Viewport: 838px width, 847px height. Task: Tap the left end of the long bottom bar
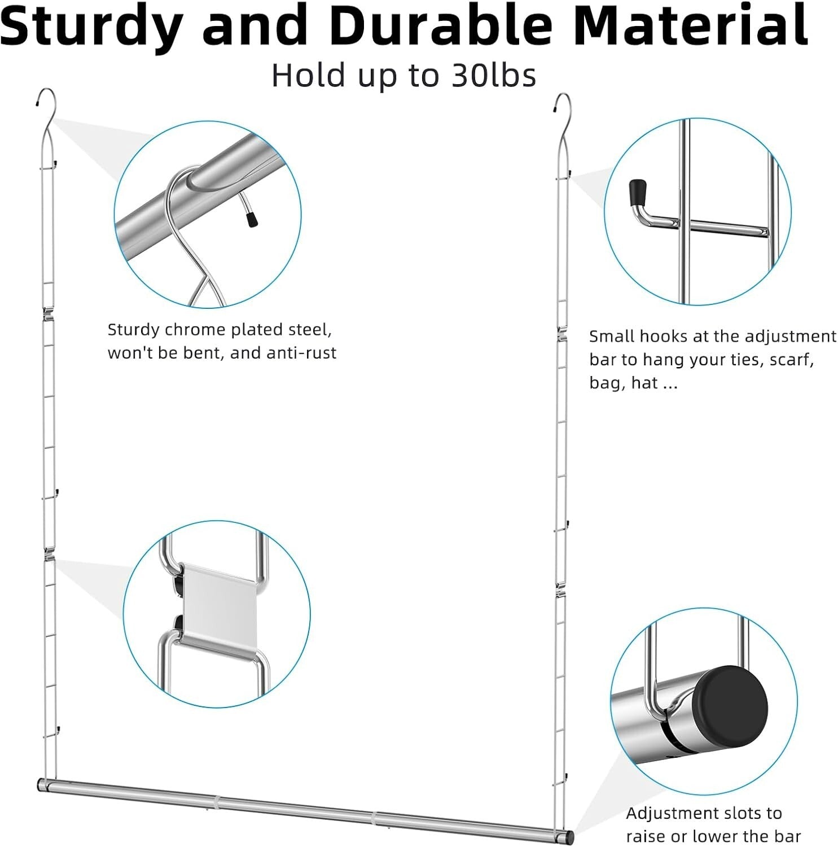point(42,784)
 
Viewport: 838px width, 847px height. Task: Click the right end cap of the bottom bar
point(569,835)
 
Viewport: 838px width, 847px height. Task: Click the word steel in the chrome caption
point(309,330)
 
